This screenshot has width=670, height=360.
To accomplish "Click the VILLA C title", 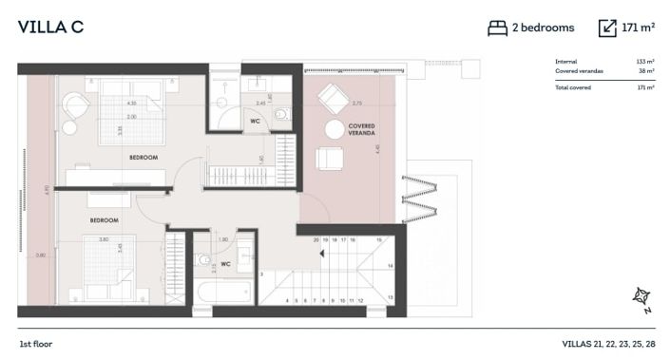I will pos(50,28).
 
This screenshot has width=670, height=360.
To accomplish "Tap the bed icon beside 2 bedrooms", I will pos(497,28).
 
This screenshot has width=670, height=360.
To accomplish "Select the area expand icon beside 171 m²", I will pos(607,28).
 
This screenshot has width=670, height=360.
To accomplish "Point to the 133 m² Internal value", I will pos(645,62).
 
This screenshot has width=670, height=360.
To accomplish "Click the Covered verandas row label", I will pos(577,70).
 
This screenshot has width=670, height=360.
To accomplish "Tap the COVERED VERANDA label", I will pos(361,129).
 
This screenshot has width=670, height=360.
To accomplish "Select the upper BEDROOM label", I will pos(144,157).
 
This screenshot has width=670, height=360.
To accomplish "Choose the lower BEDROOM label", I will pos(104,219).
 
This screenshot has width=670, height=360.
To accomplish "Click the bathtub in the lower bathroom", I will pos(220,293).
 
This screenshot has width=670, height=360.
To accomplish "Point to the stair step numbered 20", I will pos(316,240).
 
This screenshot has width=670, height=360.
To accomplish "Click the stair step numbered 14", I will pos(391,268).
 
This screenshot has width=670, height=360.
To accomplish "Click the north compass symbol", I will pos(641,299).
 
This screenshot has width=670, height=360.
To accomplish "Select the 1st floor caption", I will pos(37,343).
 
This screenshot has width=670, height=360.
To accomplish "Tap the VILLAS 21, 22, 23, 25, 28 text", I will pos(607,343).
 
